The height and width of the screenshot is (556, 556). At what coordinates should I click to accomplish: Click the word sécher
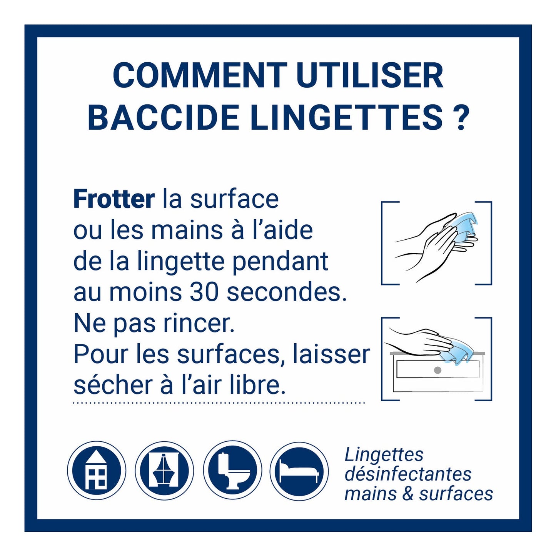[x=115, y=386]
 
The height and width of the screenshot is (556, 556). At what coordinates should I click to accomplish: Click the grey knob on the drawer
[x=437, y=370]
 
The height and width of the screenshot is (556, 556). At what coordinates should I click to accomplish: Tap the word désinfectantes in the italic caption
[x=408, y=474]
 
